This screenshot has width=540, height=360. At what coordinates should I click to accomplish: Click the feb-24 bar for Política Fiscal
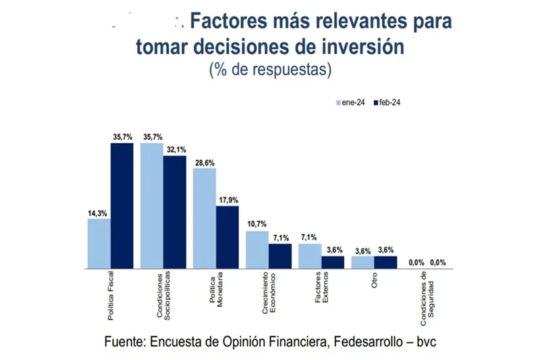(x=122, y=205)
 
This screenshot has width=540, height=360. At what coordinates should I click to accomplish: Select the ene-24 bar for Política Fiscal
(x=99, y=243)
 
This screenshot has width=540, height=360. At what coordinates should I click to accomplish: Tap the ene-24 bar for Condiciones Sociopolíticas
(x=152, y=205)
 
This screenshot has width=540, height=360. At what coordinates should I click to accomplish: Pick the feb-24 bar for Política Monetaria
(x=227, y=237)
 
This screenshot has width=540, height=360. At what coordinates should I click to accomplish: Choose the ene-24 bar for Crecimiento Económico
(x=256, y=249)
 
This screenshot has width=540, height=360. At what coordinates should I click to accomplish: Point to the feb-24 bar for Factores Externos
(x=333, y=262)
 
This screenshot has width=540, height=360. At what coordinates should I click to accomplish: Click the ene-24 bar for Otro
(x=362, y=262)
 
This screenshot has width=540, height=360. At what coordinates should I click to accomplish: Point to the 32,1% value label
(x=174, y=150)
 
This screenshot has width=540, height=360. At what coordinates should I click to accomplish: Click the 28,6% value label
(x=205, y=162)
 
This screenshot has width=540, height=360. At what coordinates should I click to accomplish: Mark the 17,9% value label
(x=227, y=200)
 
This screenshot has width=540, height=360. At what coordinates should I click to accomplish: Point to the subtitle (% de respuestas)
(x=269, y=70)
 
